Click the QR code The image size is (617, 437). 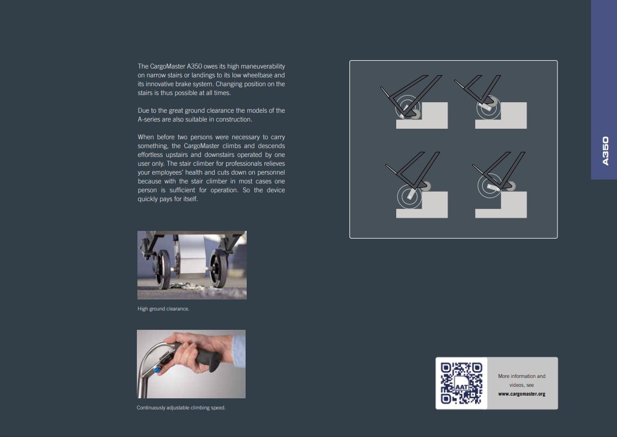pos(461,383)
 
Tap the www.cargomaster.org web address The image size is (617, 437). pos(522,394)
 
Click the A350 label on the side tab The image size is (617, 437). pos(605,151)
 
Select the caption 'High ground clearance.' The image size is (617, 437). pos(163,309)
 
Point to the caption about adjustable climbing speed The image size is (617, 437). pos(181,408)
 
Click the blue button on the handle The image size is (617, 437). pos(157,370)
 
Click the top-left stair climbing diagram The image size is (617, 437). pos(414,102)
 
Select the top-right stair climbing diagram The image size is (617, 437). pos(491,102)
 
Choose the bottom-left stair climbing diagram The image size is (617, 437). pos(416,185)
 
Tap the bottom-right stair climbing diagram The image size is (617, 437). pos(499,185)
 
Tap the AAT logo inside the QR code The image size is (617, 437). pos(461,386)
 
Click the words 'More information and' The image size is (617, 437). pos(522,376)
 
